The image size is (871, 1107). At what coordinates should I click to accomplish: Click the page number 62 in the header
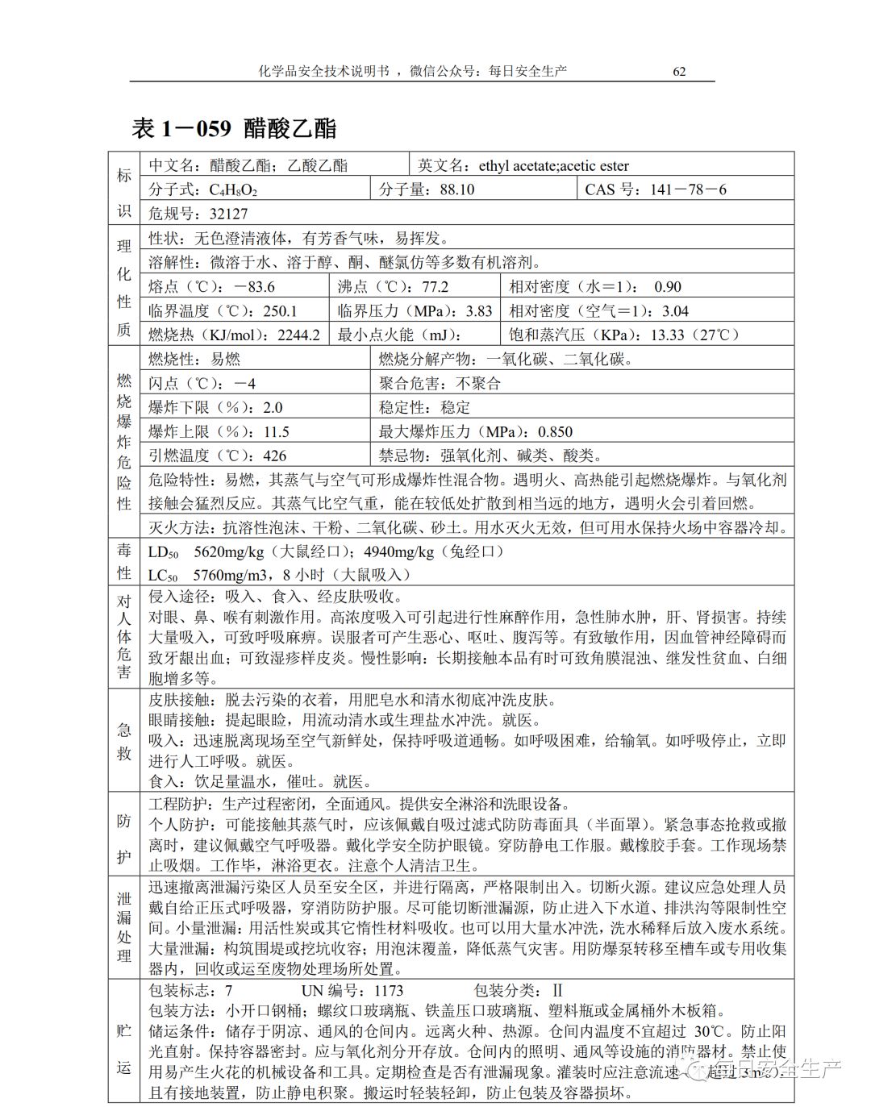coord(679,71)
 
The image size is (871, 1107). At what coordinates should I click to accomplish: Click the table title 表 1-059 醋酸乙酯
coord(233,128)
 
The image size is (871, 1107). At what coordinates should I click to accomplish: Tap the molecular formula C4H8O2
coord(234,190)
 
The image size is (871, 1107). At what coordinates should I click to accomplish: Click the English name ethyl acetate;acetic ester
coord(553,165)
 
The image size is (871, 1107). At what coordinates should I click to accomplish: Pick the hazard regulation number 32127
coord(229,214)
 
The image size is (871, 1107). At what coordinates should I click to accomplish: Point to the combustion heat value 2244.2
coord(298,335)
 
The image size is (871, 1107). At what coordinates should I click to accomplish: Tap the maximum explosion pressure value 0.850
coord(555,431)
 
